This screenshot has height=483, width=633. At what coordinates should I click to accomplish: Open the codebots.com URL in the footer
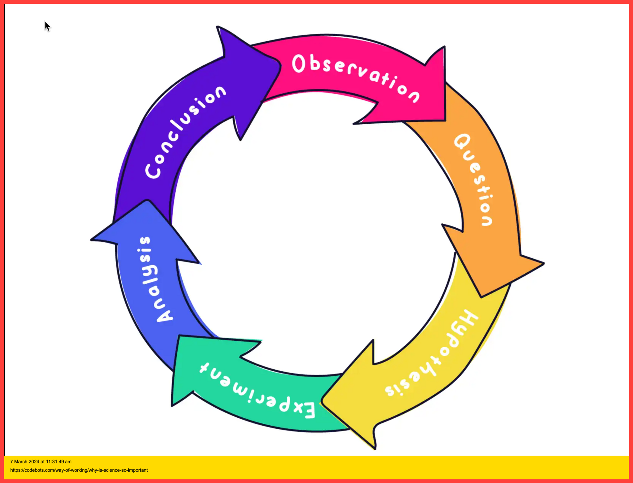(79, 470)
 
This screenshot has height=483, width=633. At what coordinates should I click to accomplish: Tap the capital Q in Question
(462, 142)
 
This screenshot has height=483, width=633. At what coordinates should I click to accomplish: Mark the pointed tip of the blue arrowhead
(147, 201)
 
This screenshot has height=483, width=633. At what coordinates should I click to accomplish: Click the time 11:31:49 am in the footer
(59, 461)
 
